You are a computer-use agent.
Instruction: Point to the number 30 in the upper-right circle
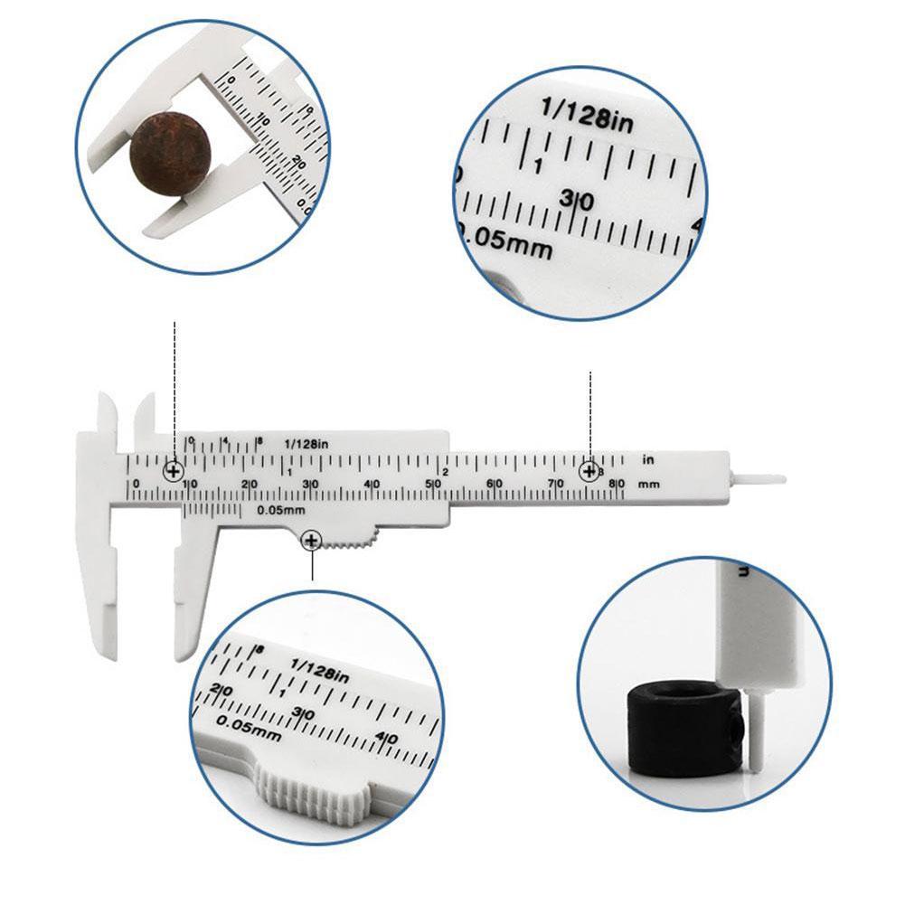point(577,200)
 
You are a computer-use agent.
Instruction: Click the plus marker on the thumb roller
point(311,541)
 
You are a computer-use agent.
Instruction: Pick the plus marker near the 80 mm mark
point(589,471)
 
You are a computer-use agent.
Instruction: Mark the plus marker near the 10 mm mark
point(174,471)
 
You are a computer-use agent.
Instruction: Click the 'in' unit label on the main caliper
point(647,460)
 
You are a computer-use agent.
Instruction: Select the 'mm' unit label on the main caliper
point(648,485)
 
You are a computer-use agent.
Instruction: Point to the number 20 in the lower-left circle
point(221,692)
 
